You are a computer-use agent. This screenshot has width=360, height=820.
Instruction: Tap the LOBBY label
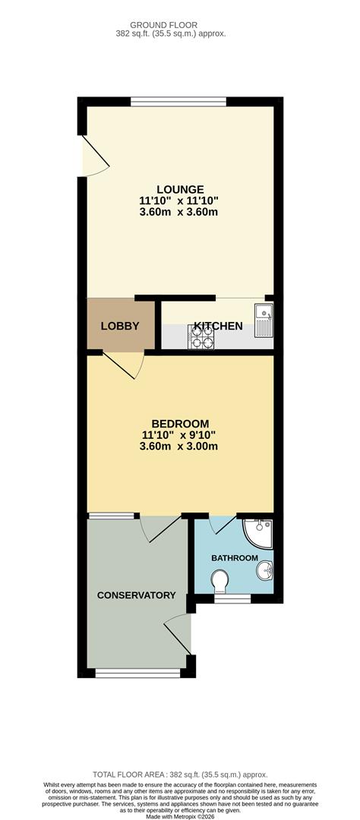click(120, 326)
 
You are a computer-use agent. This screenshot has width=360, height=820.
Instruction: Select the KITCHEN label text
click(218, 326)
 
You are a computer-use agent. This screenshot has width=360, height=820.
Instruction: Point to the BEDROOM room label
click(180, 424)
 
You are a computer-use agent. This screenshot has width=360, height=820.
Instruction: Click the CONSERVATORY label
click(136, 595)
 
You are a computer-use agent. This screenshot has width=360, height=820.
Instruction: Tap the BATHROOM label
click(235, 558)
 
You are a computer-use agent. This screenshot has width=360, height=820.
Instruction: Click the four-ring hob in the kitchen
click(201, 336)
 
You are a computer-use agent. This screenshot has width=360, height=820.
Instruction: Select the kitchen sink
click(264, 320)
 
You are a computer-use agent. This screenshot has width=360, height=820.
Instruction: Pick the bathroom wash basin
click(265, 570)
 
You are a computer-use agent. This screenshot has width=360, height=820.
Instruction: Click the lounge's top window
click(178, 102)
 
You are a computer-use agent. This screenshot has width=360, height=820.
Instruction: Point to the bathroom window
click(232, 598)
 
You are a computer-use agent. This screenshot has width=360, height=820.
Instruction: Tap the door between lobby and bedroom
click(123, 364)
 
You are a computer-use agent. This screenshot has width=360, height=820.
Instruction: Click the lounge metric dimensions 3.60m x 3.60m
click(178, 213)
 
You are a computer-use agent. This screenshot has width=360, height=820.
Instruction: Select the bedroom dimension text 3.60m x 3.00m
click(178, 446)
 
